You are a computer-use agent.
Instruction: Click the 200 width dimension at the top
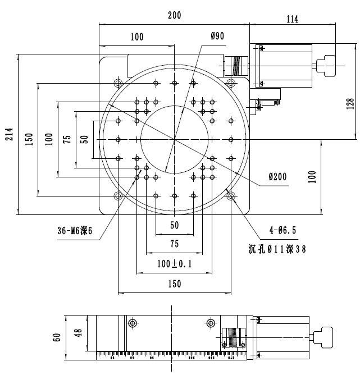pos(174,16)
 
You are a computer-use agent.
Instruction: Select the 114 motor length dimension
pos(292,19)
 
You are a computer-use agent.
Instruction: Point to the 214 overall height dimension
pos(10,134)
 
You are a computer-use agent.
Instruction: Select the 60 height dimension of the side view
pos(56,337)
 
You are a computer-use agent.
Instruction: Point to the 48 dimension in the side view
pos(78,333)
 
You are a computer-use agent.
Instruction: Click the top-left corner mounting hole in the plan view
pos(118,83)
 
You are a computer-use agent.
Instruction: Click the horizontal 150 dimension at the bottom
pos(174,284)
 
